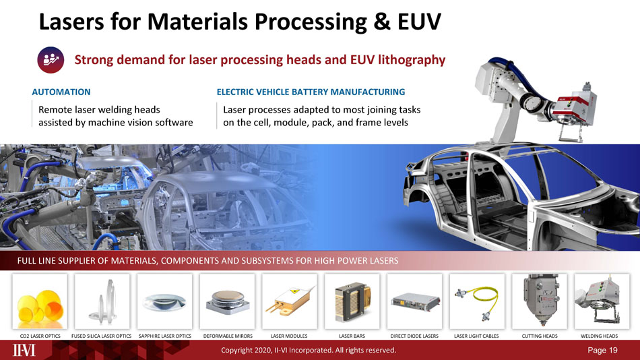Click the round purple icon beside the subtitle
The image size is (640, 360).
pyautogui.click(x=51, y=60)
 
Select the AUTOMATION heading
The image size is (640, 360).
pyautogui.click(x=61, y=92)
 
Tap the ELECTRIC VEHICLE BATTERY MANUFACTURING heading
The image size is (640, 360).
pyautogui.click(x=311, y=92)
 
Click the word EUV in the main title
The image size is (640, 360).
pyautogui.click(x=419, y=22)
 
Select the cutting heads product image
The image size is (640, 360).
pyautogui.click(x=539, y=301)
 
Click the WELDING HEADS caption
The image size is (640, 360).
pyautogui.click(x=599, y=336)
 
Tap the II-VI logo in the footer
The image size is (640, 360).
pyautogui.click(x=24, y=350)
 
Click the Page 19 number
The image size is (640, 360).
pyautogui.click(x=602, y=350)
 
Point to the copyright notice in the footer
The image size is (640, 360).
pyautogui.click(x=309, y=350)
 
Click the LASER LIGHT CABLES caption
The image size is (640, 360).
pyautogui.click(x=476, y=336)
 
